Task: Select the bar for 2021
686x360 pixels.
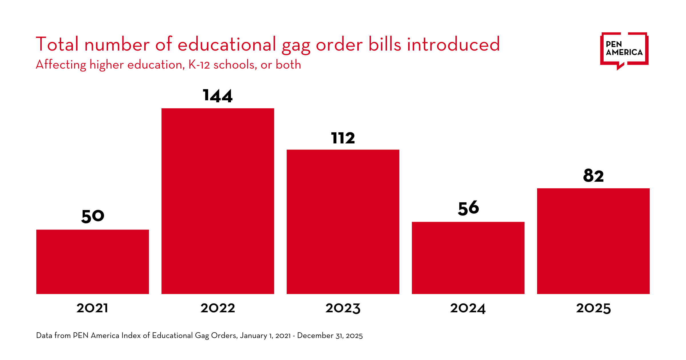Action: pos(92,261)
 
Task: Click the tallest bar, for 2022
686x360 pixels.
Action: pos(218,201)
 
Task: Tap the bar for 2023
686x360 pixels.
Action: pos(343,221)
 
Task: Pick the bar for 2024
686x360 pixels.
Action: pos(468,258)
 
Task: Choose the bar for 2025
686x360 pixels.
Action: pos(593,241)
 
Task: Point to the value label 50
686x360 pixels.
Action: pos(93,216)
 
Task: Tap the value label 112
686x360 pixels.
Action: pos(343,138)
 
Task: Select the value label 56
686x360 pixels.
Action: pos(468,208)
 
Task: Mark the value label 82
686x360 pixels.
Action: pos(593,175)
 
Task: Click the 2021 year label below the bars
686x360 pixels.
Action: pos(92,308)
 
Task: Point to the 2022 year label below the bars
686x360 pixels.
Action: pos(218,308)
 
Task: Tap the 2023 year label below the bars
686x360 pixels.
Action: pos(343,308)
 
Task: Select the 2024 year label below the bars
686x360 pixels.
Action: pos(468,308)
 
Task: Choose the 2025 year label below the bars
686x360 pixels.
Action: pos(593,308)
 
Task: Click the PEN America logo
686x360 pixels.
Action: pos(624,50)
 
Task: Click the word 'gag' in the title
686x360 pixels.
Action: pos(296,46)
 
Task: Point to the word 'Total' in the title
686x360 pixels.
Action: pos(57,44)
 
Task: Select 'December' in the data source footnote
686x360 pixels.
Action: pos(315,335)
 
